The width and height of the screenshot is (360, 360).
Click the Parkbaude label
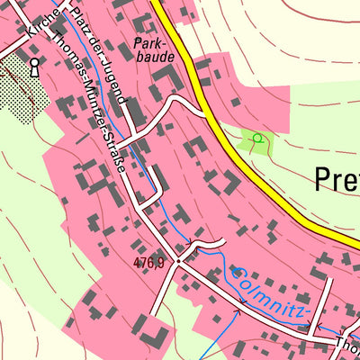click(151, 49)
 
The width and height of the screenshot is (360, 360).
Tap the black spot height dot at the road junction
click(178, 260)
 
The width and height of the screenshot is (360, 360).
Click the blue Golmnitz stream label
click(270, 292)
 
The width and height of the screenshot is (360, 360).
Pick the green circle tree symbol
click(257, 138)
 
